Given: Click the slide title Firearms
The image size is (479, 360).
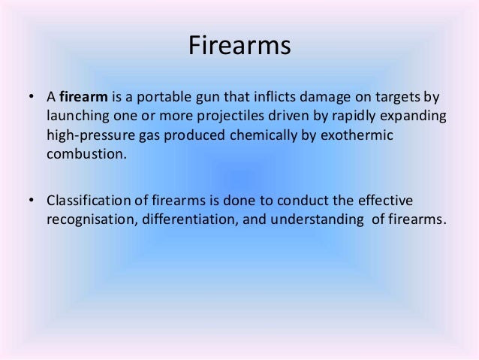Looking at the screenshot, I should (x=239, y=47).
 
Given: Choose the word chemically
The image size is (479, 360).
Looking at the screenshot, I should (x=249, y=138).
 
